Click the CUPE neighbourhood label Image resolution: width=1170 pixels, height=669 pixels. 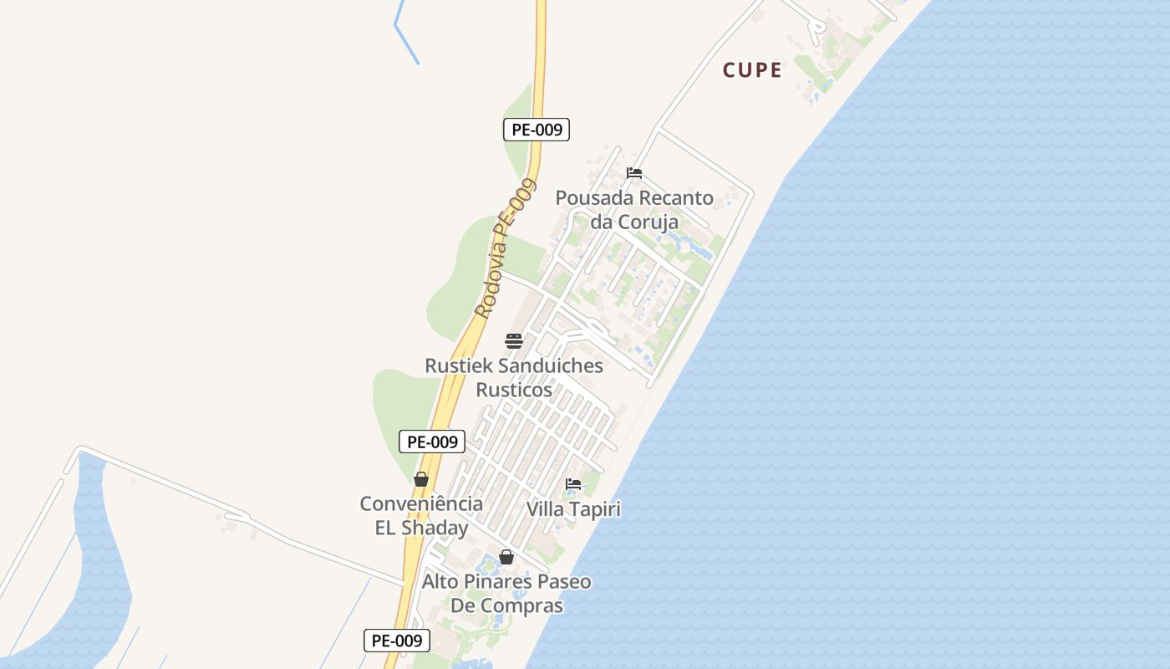pos(752,70)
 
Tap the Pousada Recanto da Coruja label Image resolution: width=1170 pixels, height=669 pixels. pos(634,210)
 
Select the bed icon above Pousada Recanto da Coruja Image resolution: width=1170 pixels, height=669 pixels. pos(634,173)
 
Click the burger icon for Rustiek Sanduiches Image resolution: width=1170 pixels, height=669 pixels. pos(514,340)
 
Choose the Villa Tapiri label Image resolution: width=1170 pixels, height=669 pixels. pos(573,509)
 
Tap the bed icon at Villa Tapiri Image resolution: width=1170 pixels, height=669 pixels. pos(573,483)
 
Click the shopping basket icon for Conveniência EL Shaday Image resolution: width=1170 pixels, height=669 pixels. pos(421,479)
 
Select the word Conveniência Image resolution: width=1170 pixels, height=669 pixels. pos(421,504)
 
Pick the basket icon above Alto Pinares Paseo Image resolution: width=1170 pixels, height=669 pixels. pos(506,557)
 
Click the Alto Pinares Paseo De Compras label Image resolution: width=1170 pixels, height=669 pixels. pos(506,593)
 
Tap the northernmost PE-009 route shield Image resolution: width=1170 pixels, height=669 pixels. pos(536,130)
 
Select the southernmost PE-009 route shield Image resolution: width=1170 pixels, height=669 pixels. pos(397,641)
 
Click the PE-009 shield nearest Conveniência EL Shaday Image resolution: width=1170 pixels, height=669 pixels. pos(432,442)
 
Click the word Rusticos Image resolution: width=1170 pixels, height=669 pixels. pos(514,391)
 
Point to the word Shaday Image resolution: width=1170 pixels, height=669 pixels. pos(435,529)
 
